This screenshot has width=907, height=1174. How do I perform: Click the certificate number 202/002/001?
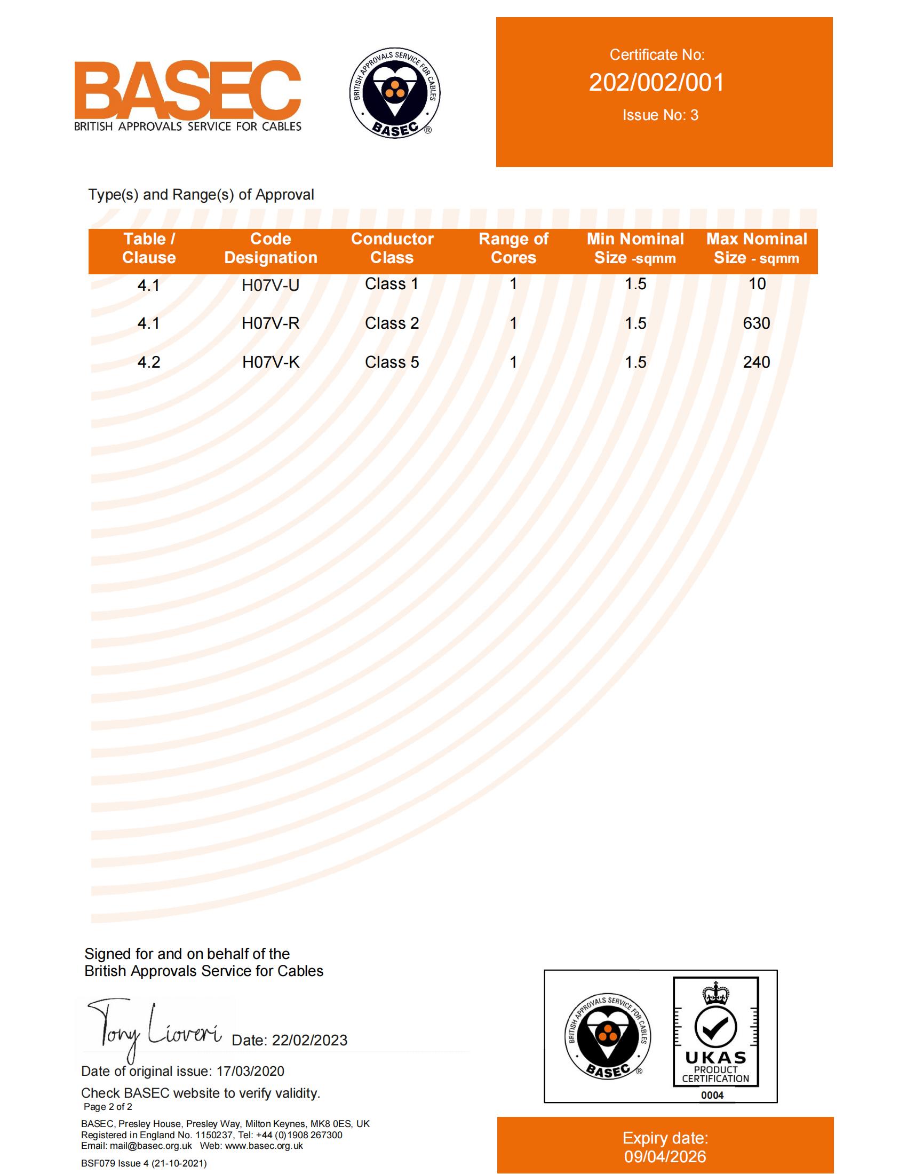(x=657, y=83)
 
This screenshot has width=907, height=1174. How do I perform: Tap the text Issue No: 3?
(x=661, y=115)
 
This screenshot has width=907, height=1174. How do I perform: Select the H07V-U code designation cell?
(x=270, y=285)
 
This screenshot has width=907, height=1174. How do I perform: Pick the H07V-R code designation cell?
(x=270, y=323)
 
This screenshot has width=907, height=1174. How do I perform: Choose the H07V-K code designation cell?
(x=270, y=362)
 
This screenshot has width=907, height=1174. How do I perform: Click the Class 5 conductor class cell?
(x=392, y=362)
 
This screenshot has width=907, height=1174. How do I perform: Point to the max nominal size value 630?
(x=757, y=323)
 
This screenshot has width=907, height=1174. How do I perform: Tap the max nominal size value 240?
(x=757, y=362)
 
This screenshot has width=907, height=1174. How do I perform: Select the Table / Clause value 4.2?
(x=149, y=362)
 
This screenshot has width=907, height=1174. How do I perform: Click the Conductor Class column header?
(x=392, y=248)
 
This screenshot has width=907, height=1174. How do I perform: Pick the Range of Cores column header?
(x=513, y=248)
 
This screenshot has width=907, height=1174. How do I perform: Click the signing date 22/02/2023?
(x=309, y=1040)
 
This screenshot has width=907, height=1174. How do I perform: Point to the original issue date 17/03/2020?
(x=250, y=1071)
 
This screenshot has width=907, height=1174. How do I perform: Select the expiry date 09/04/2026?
(x=665, y=1156)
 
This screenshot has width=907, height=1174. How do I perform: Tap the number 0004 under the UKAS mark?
(x=712, y=1095)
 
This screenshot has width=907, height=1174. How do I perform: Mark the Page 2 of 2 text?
(x=108, y=1106)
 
